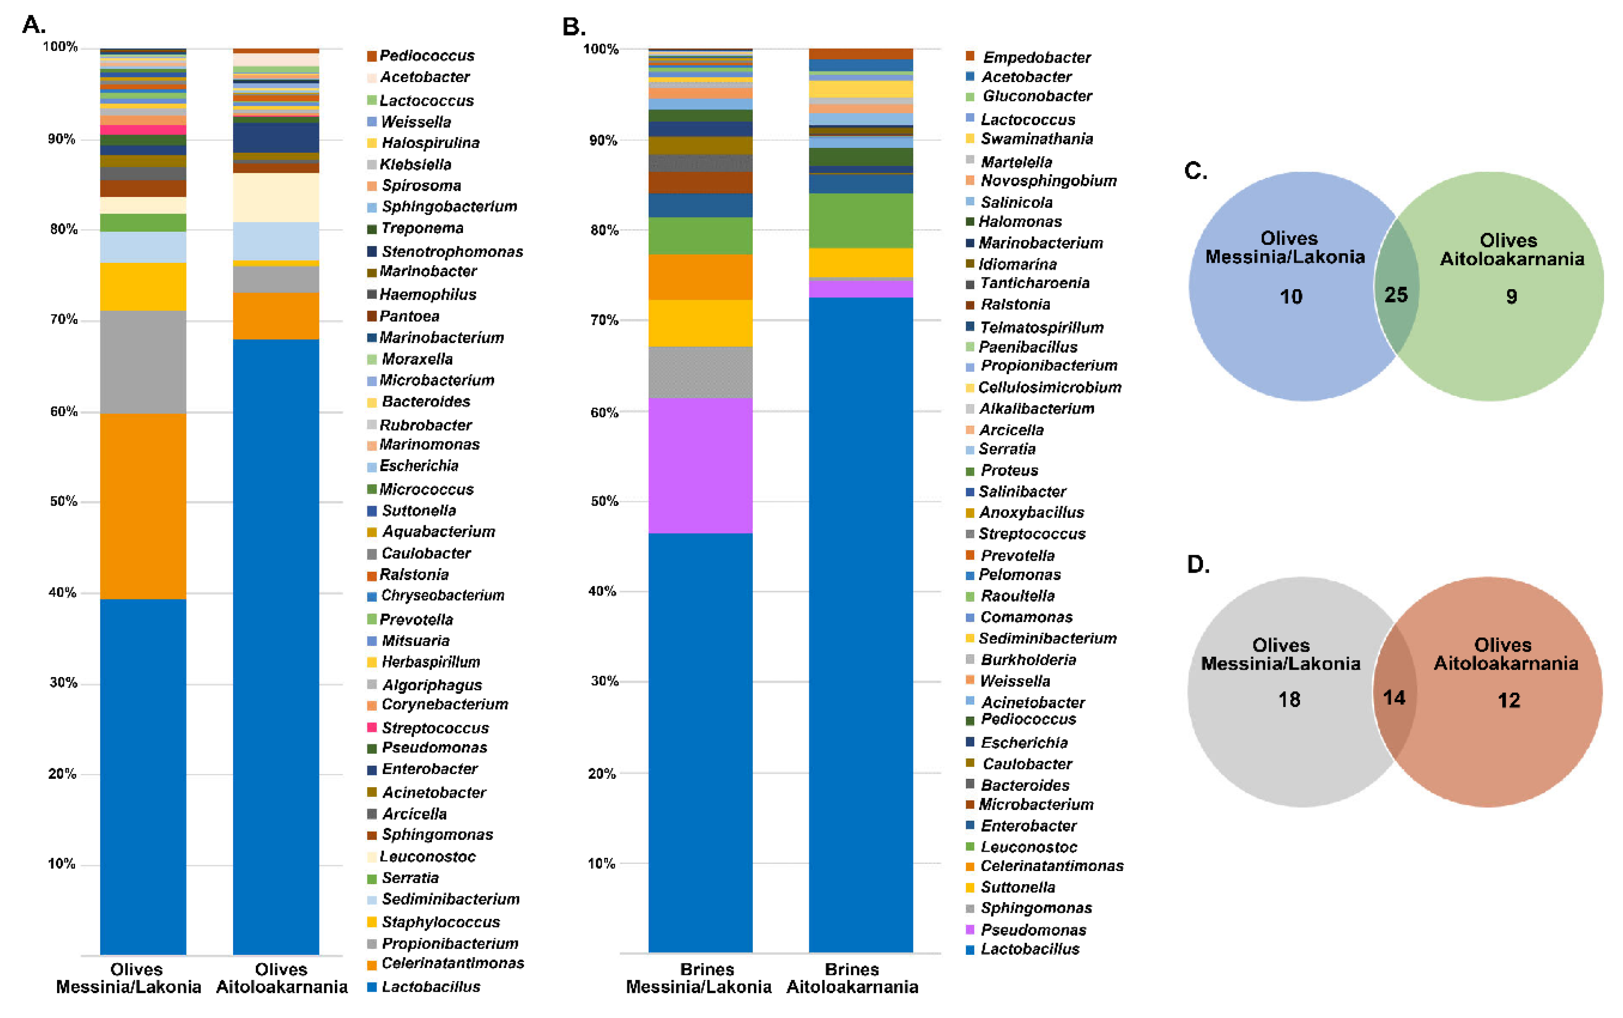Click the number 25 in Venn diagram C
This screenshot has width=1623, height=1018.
click(1395, 295)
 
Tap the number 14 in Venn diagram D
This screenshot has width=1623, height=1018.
click(1393, 698)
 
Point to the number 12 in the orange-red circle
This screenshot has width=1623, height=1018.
click(1508, 700)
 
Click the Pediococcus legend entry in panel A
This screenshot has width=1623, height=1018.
click(426, 55)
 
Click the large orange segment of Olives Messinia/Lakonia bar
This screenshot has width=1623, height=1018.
click(143, 505)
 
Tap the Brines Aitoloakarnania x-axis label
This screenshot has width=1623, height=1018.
click(852, 978)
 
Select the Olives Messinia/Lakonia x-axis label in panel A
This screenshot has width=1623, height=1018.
click(129, 978)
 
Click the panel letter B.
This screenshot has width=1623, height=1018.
click(573, 27)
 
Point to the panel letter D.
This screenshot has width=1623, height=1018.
click(1197, 564)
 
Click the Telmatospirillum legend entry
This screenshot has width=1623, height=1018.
click(1041, 327)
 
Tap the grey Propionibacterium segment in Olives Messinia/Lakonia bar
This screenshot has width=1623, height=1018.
click(143, 362)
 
